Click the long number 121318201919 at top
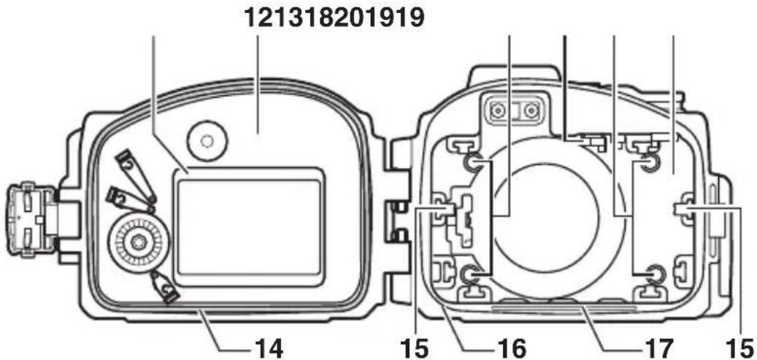(x=334, y=18)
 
